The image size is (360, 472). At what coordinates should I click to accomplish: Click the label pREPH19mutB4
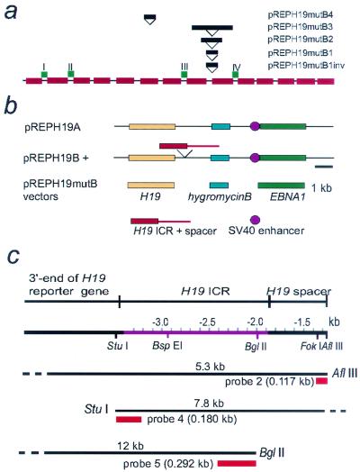point(301,14)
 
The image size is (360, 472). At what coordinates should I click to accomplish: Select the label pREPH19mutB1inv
point(306,66)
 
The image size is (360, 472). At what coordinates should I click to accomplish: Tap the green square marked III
point(184,74)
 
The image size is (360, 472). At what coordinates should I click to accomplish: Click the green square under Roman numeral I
point(44,74)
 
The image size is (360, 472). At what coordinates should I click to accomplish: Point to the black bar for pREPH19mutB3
point(212,28)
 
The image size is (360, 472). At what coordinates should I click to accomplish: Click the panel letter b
point(11,106)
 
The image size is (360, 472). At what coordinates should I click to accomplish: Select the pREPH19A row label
point(52,127)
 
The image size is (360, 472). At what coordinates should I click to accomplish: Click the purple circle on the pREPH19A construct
point(255,126)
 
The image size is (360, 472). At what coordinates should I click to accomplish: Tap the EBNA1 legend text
point(287,197)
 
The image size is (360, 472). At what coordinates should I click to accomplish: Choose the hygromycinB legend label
point(220,197)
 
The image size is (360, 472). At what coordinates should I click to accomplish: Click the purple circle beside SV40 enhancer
point(255,220)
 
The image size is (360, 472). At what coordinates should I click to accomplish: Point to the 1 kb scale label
point(321,188)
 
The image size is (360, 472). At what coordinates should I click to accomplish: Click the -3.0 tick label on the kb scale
point(160,322)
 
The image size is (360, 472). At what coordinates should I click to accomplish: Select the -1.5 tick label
point(301,322)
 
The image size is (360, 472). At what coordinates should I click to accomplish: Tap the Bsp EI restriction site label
point(167,346)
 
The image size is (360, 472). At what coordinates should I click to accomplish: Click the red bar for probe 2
point(321,381)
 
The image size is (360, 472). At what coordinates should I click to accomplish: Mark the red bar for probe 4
point(129,419)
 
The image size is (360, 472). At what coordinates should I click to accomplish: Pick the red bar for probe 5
point(237,463)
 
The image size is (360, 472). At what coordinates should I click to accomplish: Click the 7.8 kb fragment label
point(209,403)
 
